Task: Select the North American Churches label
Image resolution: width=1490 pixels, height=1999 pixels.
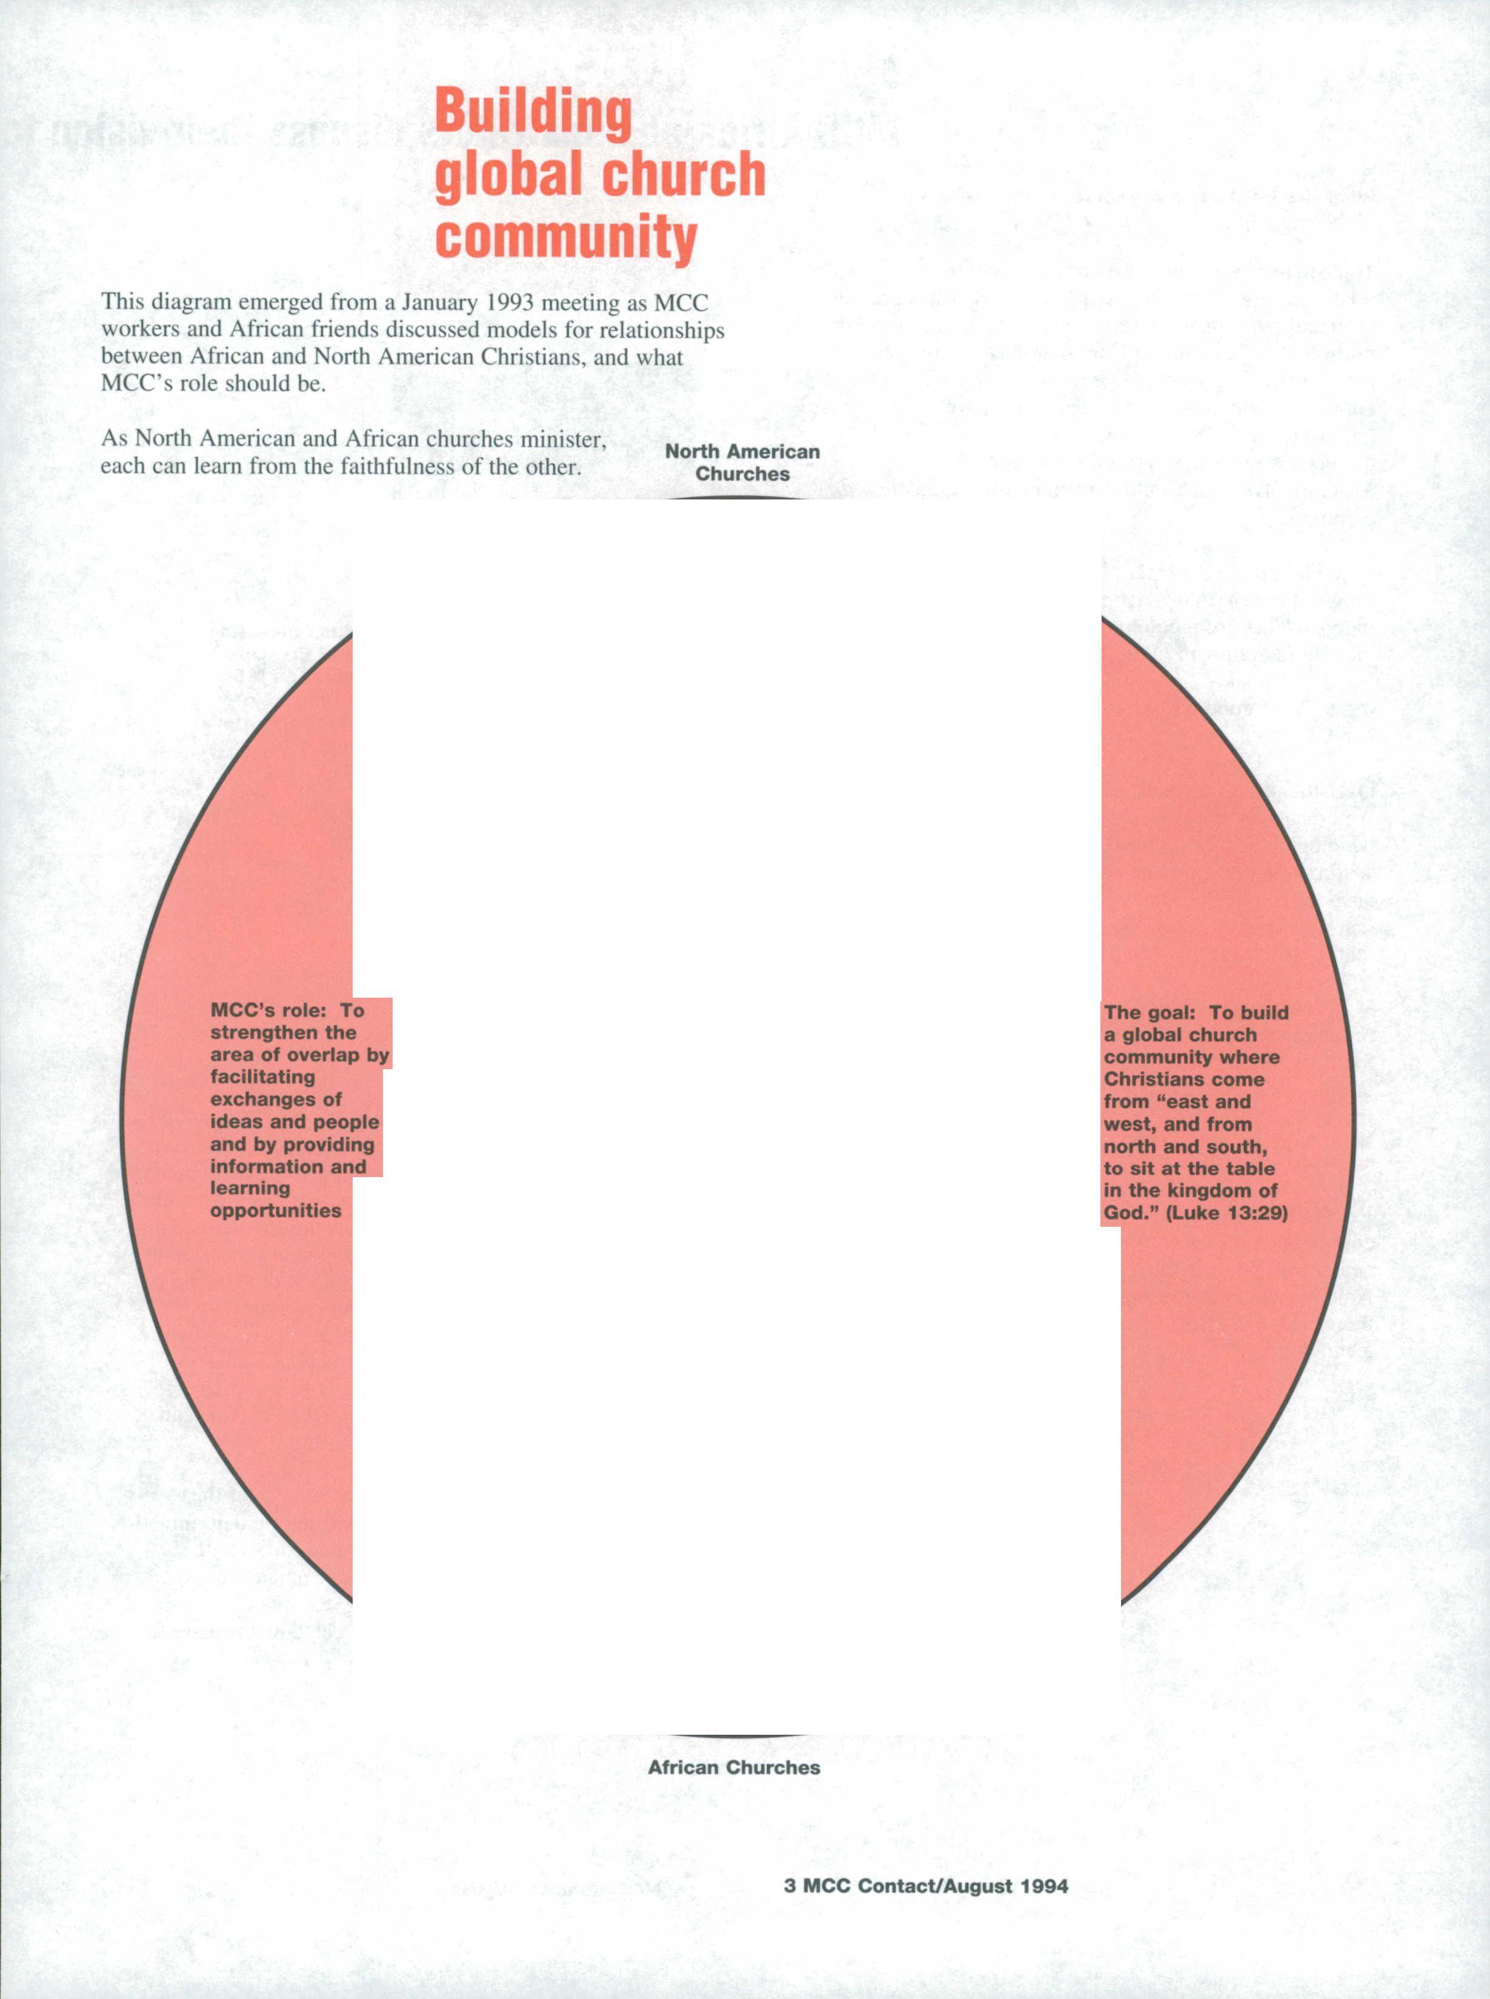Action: tap(742, 462)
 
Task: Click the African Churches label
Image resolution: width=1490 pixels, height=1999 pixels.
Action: tap(733, 1767)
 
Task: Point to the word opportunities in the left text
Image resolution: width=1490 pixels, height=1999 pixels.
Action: tap(275, 1210)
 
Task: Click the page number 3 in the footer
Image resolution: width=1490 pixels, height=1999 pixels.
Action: tap(790, 1886)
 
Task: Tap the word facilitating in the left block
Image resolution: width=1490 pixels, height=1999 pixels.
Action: tap(262, 1077)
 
